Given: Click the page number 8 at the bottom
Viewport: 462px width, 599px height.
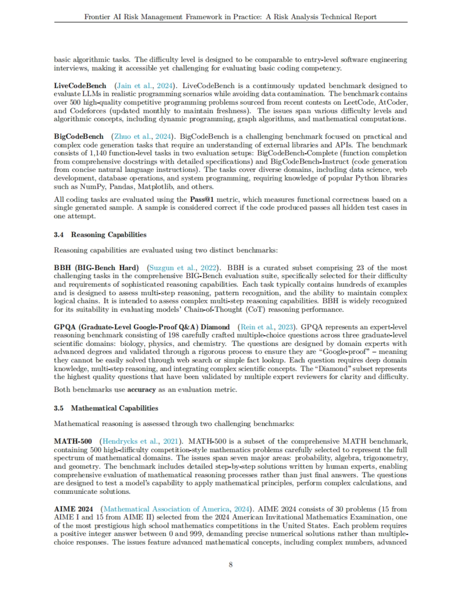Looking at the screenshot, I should (231, 565).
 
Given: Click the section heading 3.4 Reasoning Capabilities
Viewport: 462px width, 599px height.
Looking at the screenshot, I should (100, 235).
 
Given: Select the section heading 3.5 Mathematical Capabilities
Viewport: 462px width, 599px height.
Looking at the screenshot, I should (106, 408).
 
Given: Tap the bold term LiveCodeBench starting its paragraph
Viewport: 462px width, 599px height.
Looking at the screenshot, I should (80, 86).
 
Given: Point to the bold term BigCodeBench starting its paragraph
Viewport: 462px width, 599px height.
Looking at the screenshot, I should (79, 136).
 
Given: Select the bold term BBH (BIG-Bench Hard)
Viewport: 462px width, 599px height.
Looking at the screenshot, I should (96, 268).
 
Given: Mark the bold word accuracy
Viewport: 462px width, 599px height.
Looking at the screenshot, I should (141, 389).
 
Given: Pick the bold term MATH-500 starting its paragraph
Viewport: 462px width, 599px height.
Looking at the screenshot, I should (73, 441).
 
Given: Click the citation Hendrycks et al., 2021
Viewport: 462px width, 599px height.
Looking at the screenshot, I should (140, 441).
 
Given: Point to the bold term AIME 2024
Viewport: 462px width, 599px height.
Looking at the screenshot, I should (73, 509).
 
